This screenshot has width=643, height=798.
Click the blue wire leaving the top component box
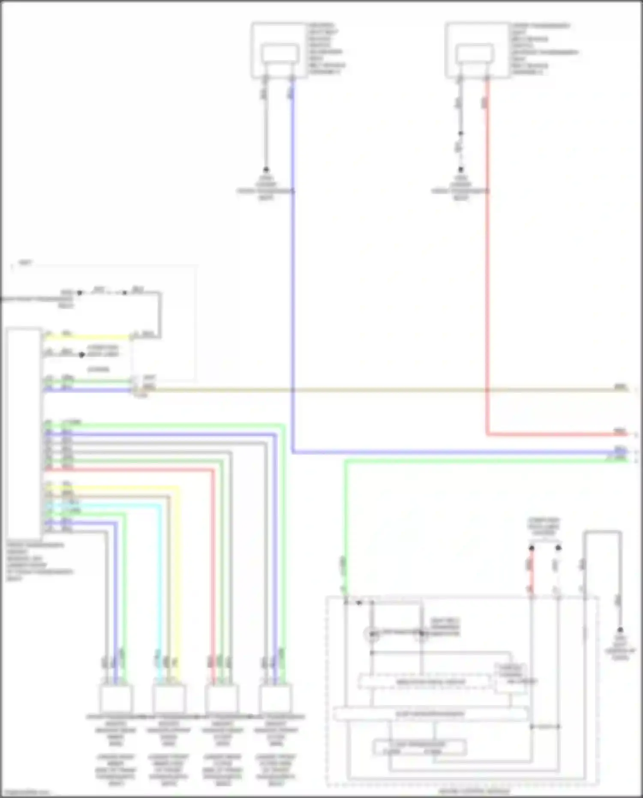pos(293,257)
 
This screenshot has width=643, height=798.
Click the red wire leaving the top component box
pos(487,257)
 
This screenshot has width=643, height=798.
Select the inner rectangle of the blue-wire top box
pos(280,54)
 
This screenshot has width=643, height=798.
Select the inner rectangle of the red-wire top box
pos(474,54)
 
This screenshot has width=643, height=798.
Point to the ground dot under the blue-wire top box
pos(266,169)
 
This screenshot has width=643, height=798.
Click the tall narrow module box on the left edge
pos(24,433)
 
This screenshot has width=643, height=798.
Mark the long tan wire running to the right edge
pos(386,390)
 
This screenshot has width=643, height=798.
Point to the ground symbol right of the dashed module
pos(620,630)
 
